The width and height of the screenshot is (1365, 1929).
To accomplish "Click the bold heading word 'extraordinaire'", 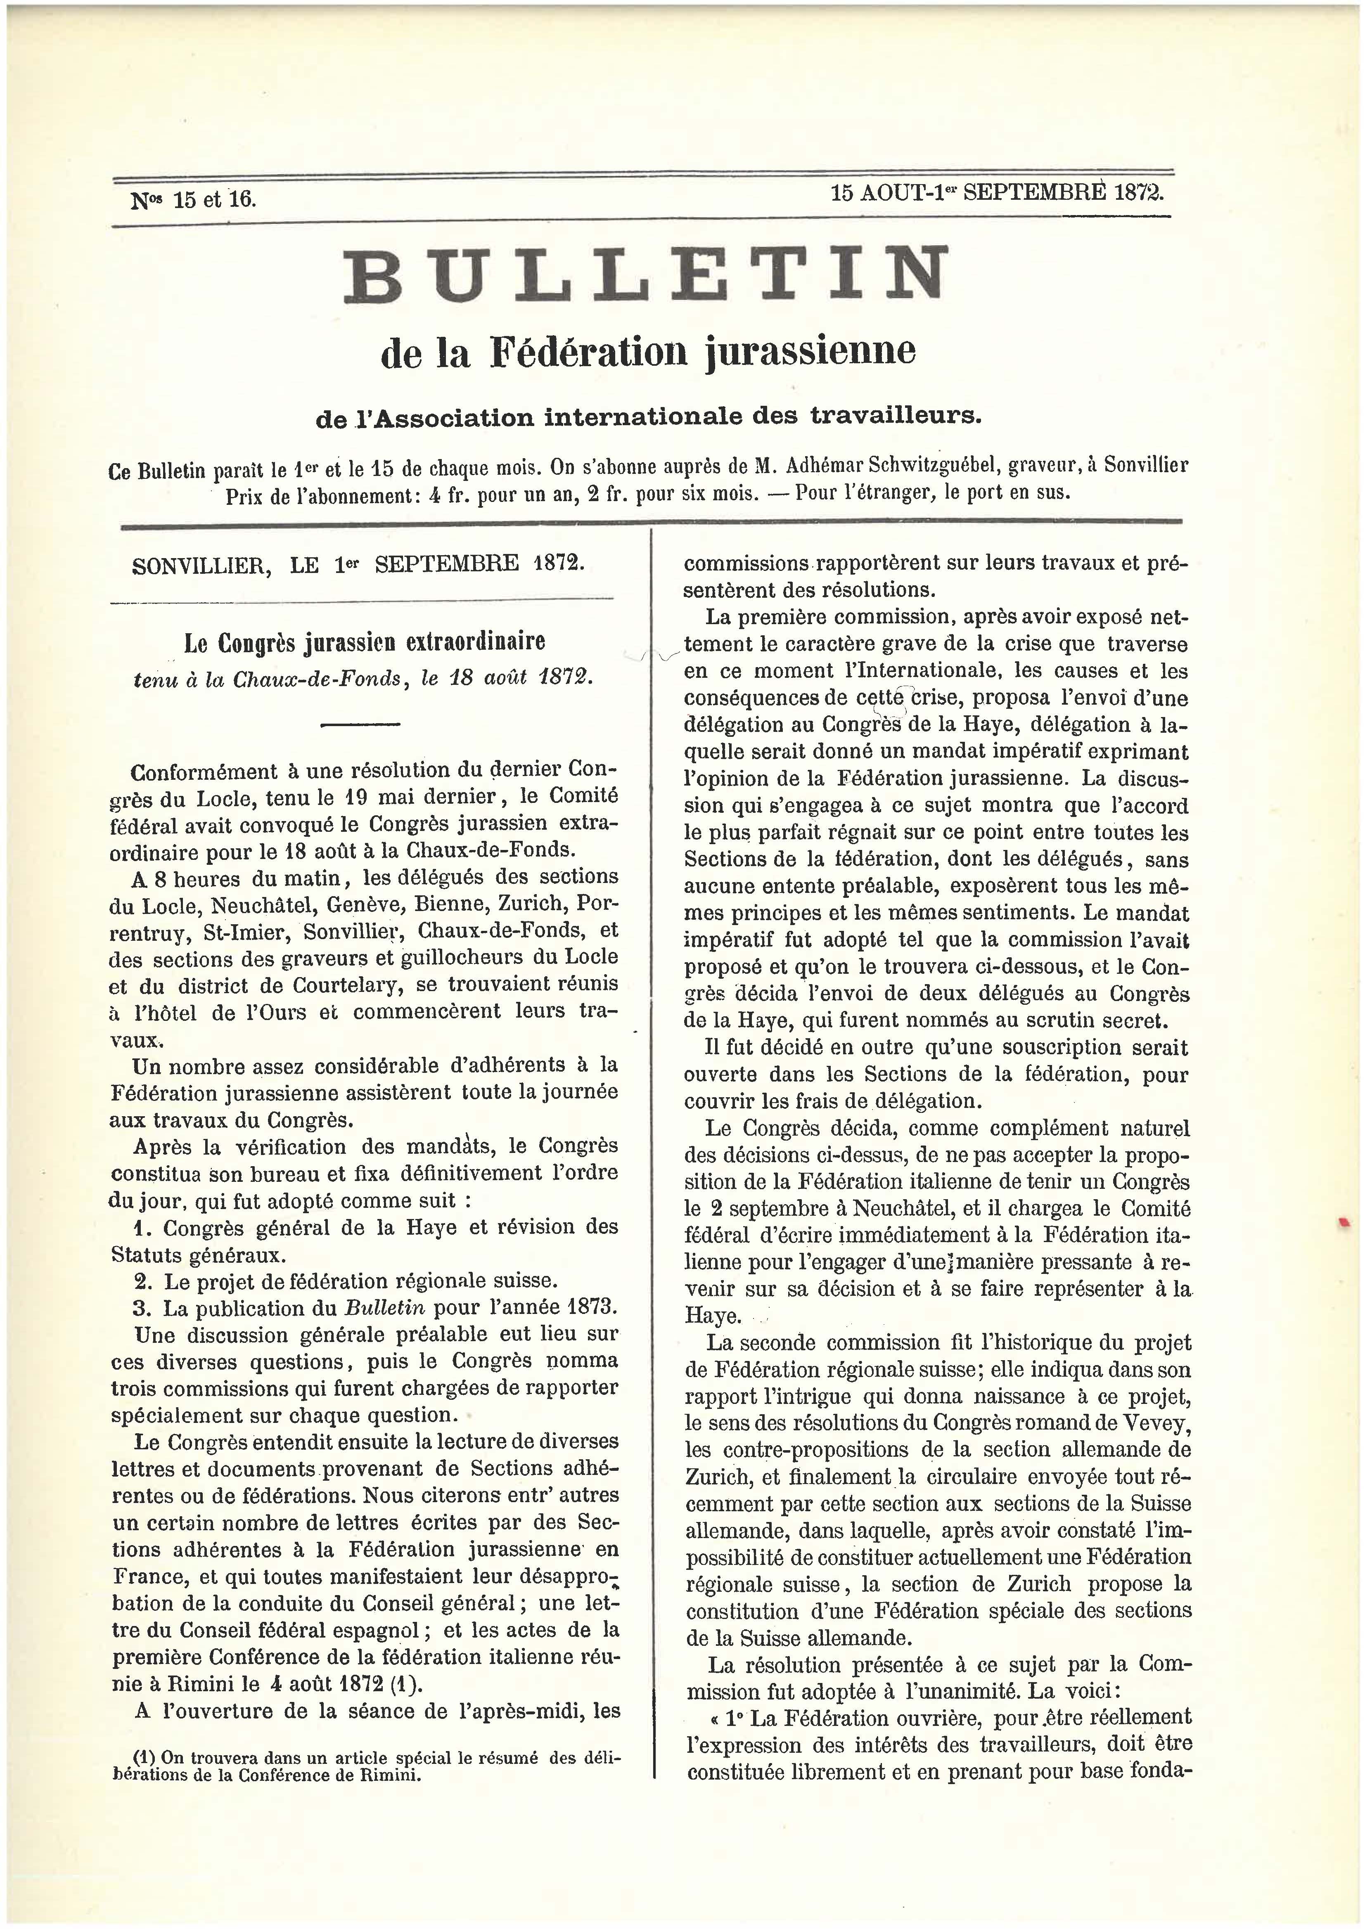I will pos(476,643).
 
